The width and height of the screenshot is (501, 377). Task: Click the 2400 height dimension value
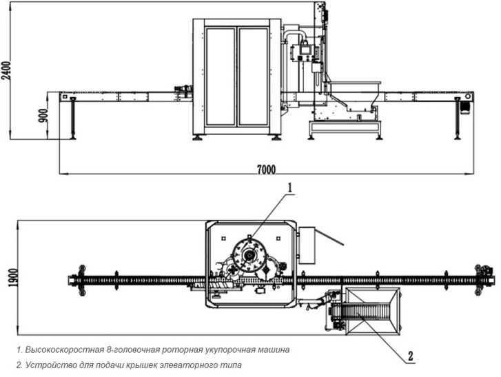coord(6,69)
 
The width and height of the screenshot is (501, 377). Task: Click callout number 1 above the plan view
coord(290,187)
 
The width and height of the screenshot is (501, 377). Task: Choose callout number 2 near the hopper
coord(410,356)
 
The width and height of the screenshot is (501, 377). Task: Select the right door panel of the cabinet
coord(252,76)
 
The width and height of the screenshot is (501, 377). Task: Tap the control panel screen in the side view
coord(300,51)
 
